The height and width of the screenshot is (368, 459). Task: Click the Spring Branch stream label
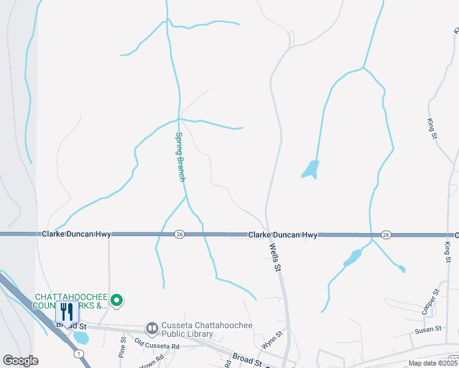(x=180, y=157)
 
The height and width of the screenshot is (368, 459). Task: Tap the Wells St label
(x=276, y=258)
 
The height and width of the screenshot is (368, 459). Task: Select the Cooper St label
(x=431, y=301)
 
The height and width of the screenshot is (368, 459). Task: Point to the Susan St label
(x=428, y=329)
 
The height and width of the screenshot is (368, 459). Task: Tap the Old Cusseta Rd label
(x=156, y=347)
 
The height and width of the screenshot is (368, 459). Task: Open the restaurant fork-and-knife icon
(x=67, y=312)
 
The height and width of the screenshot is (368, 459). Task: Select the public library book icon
(x=152, y=329)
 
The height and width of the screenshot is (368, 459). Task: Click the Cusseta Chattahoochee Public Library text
(x=187, y=330)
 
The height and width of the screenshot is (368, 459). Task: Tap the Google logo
(x=20, y=361)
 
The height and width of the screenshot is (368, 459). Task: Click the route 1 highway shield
(x=79, y=353)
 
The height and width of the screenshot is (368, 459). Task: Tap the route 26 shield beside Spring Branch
(x=179, y=234)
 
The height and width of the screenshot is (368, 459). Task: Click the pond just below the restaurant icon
(x=80, y=338)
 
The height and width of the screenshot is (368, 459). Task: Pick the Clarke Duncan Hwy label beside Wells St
(x=283, y=235)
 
